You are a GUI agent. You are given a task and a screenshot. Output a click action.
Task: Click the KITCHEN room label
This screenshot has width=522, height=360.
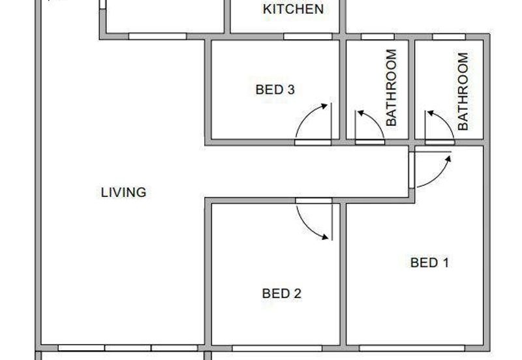pos(293,9)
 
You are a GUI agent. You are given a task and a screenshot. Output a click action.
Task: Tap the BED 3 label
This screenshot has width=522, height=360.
pos(275,89)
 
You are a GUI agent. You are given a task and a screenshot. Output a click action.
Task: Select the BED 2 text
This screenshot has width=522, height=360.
pos(282,293)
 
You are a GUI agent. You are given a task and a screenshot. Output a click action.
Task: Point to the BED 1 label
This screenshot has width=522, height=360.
pos(429,263)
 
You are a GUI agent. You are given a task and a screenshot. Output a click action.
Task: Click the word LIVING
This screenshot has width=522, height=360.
pos(123,192)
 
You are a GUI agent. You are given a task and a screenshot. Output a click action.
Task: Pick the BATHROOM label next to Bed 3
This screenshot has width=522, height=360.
pos(391,87)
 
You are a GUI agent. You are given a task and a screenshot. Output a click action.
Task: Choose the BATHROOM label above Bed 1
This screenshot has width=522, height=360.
pos(463,91)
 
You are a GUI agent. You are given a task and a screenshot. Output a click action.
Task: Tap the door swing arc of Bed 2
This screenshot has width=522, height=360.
pos(307,227)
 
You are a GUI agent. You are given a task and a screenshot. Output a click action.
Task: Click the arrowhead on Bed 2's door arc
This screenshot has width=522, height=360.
pos(325,237)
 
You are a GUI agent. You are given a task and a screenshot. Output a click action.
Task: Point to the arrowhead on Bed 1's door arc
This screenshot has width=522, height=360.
pos(448,159)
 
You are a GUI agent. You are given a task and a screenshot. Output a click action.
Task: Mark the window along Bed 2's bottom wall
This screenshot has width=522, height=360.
pos(277,348)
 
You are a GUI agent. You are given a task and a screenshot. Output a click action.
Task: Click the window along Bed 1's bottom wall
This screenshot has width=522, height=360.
pos(412,348)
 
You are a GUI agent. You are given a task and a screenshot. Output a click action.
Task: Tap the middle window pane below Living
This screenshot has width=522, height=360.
pos(128,348)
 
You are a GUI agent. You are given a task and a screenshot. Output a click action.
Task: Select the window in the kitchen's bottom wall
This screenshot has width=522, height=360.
pos(308,37)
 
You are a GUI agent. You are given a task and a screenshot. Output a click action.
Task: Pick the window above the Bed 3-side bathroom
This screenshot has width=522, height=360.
pos(378,37)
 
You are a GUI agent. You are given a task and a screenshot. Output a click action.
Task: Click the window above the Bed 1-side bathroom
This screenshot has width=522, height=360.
pos(449,37)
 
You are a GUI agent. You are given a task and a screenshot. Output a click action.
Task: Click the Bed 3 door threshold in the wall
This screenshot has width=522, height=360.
pos(313,143)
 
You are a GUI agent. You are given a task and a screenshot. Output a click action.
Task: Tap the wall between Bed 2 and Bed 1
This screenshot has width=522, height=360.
pos(343,274)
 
